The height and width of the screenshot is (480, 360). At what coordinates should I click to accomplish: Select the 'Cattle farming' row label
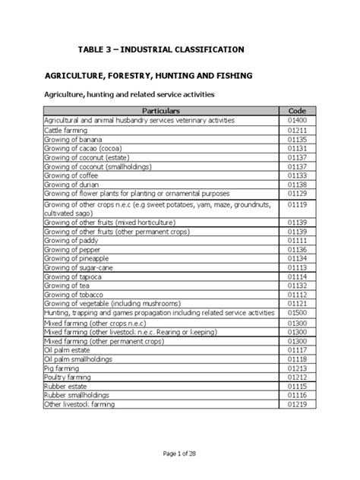pos(66,131)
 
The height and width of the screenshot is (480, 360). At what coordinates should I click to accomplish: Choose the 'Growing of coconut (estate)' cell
pos(88,156)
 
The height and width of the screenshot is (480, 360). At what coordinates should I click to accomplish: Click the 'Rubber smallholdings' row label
pos(78,395)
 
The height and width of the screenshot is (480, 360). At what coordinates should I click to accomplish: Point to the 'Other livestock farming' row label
pos(80,405)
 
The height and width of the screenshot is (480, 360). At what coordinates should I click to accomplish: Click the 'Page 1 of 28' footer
pos(180,453)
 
